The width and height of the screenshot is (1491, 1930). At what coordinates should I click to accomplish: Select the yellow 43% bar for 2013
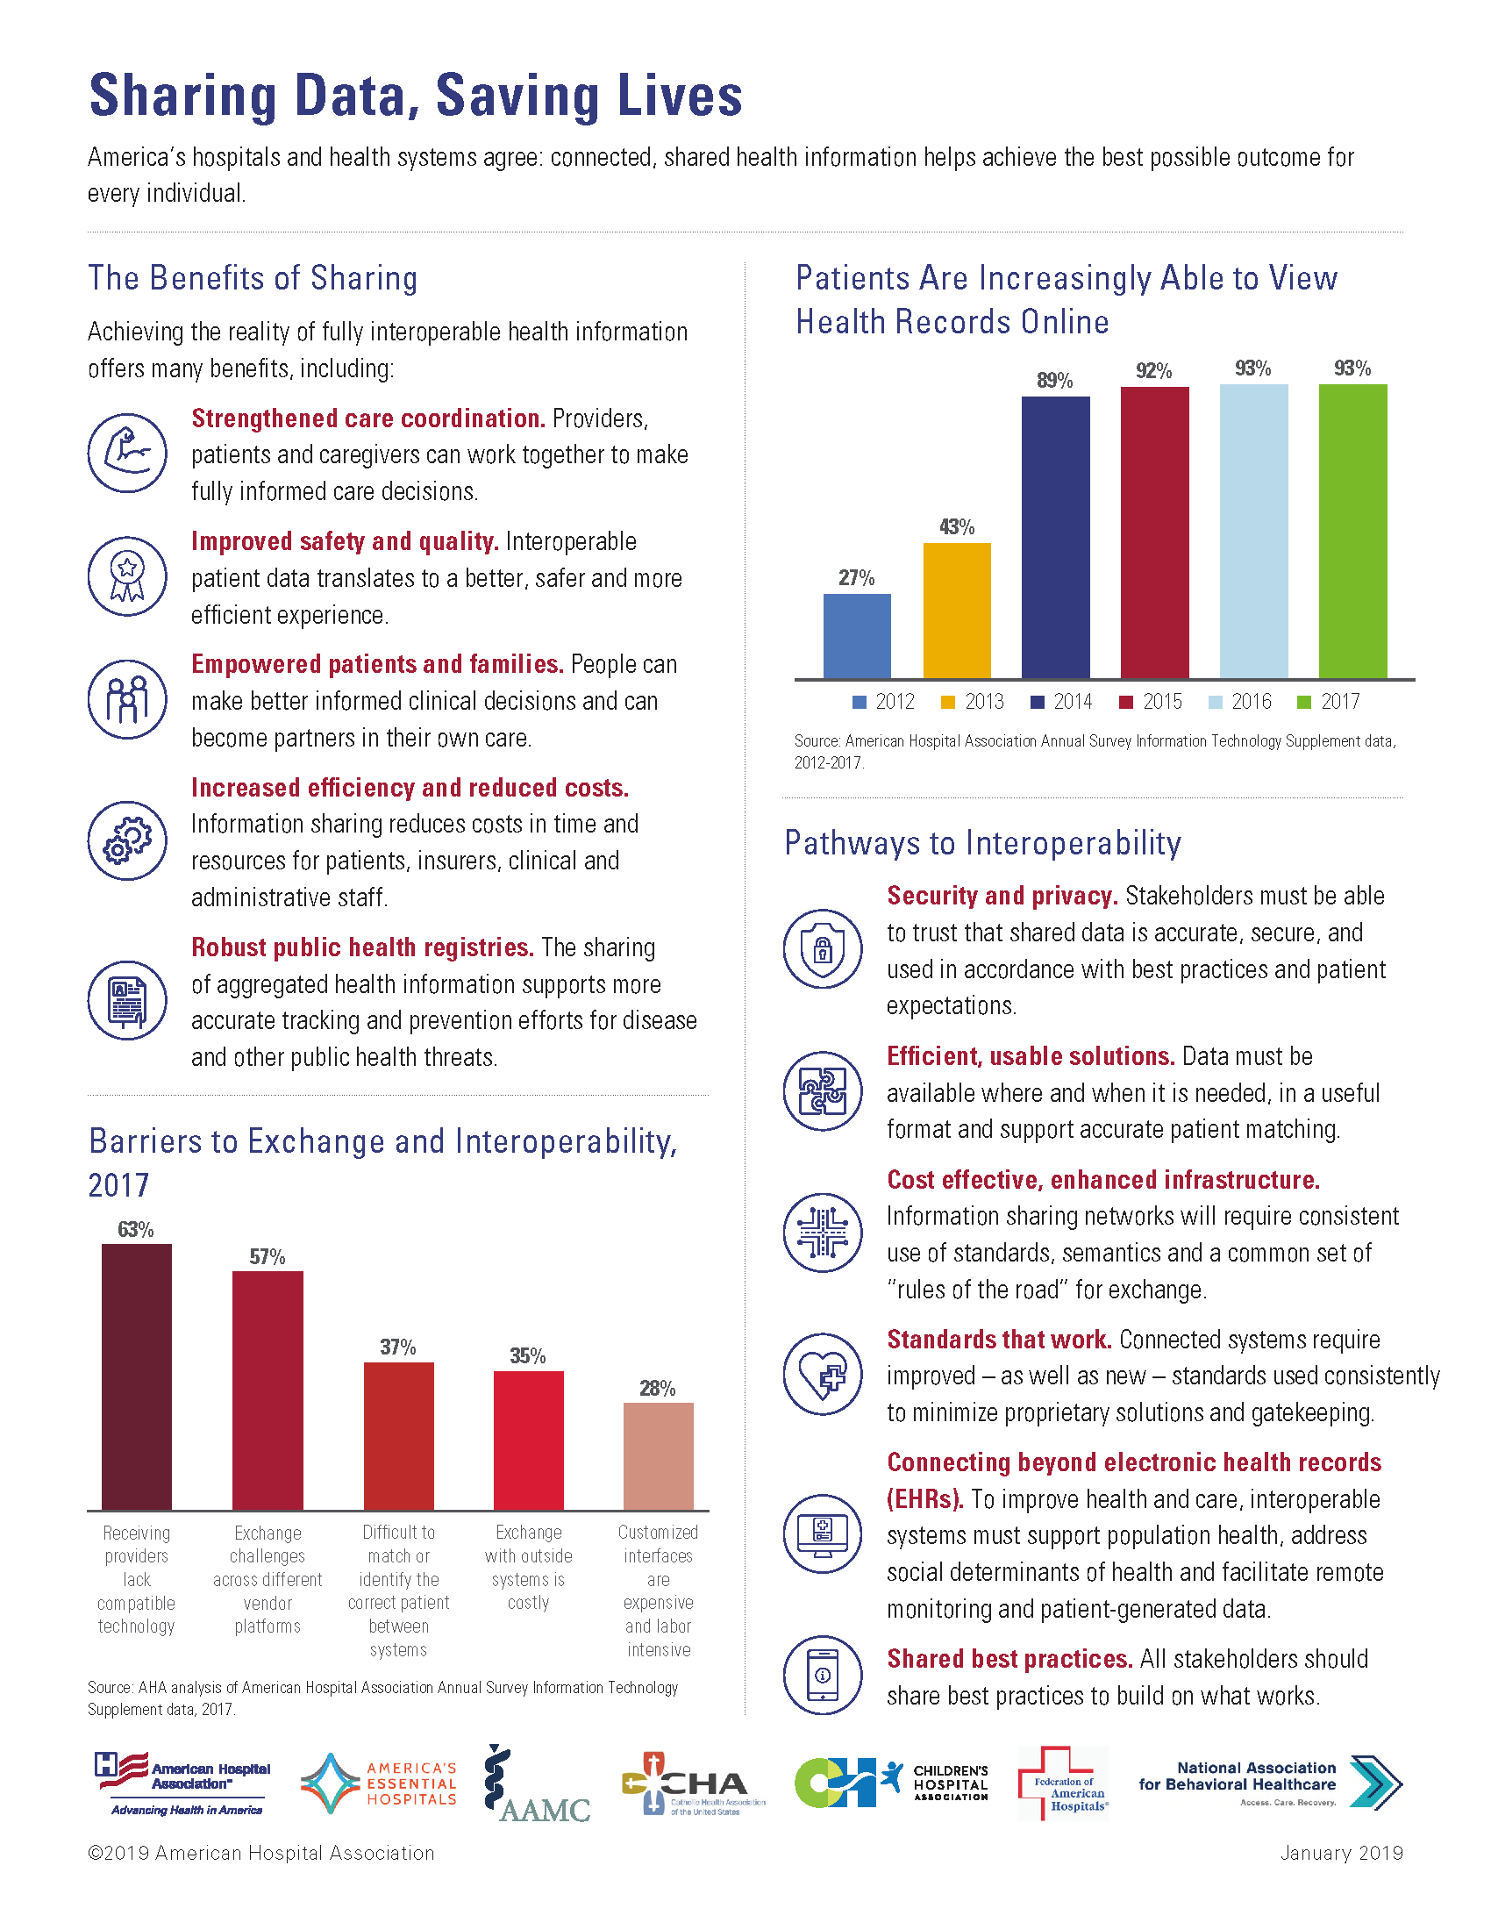[x=957, y=611]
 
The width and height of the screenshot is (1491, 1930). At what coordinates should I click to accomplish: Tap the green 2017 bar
[x=1352, y=531]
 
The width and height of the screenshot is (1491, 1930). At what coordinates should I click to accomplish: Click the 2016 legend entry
[x=1240, y=702]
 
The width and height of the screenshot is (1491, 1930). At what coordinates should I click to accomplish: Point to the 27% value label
[x=856, y=578]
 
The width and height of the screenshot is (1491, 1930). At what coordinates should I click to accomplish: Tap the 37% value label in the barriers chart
[x=397, y=1347]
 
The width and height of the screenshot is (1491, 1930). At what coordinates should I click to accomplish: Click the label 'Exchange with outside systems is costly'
[x=528, y=1568]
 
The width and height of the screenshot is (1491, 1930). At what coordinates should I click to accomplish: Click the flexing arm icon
[x=127, y=454]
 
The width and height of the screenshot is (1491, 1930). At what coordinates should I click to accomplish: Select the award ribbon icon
[x=127, y=576]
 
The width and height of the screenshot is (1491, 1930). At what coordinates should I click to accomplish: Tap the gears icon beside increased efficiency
[x=127, y=840]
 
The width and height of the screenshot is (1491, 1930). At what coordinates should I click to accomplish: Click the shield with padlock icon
[x=823, y=949]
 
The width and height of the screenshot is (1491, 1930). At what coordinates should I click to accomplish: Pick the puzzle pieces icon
[x=823, y=1090]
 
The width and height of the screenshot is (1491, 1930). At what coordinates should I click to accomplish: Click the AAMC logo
[x=536, y=1785]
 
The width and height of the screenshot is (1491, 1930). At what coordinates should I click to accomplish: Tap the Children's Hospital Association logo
[x=890, y=1783]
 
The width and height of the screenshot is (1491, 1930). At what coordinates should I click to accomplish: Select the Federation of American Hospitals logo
[x=1063, y=1783]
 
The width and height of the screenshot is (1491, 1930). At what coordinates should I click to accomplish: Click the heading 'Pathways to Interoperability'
[x=982, y=843]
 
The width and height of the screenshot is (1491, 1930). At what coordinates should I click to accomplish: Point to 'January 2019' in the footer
[x=1341, y=1853]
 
